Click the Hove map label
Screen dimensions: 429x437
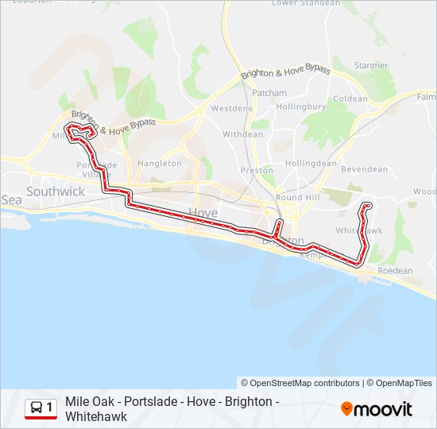tap(203, 212)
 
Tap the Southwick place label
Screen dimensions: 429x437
tap(55, 191)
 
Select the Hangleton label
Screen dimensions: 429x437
tap(160, 164)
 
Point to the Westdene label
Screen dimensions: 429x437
tap(232, 108)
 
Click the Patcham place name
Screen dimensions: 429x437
tap(269, 93)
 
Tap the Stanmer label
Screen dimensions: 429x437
tap(371, 66)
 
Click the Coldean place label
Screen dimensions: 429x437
tap(350, 99)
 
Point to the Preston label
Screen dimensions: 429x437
tap(257, 170)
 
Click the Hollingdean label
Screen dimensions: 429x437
tap(311, 163)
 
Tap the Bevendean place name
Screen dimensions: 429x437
tap(364, 169)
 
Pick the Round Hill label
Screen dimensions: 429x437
tap(296, 197)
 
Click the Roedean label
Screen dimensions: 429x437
tap(395, 271)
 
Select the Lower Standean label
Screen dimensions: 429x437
tap(307, 3)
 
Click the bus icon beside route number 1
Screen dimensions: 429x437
tap(37, 408)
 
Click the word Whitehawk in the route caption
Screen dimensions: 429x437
tap(96, 416)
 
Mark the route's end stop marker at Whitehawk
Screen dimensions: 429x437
tap(367, 206)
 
